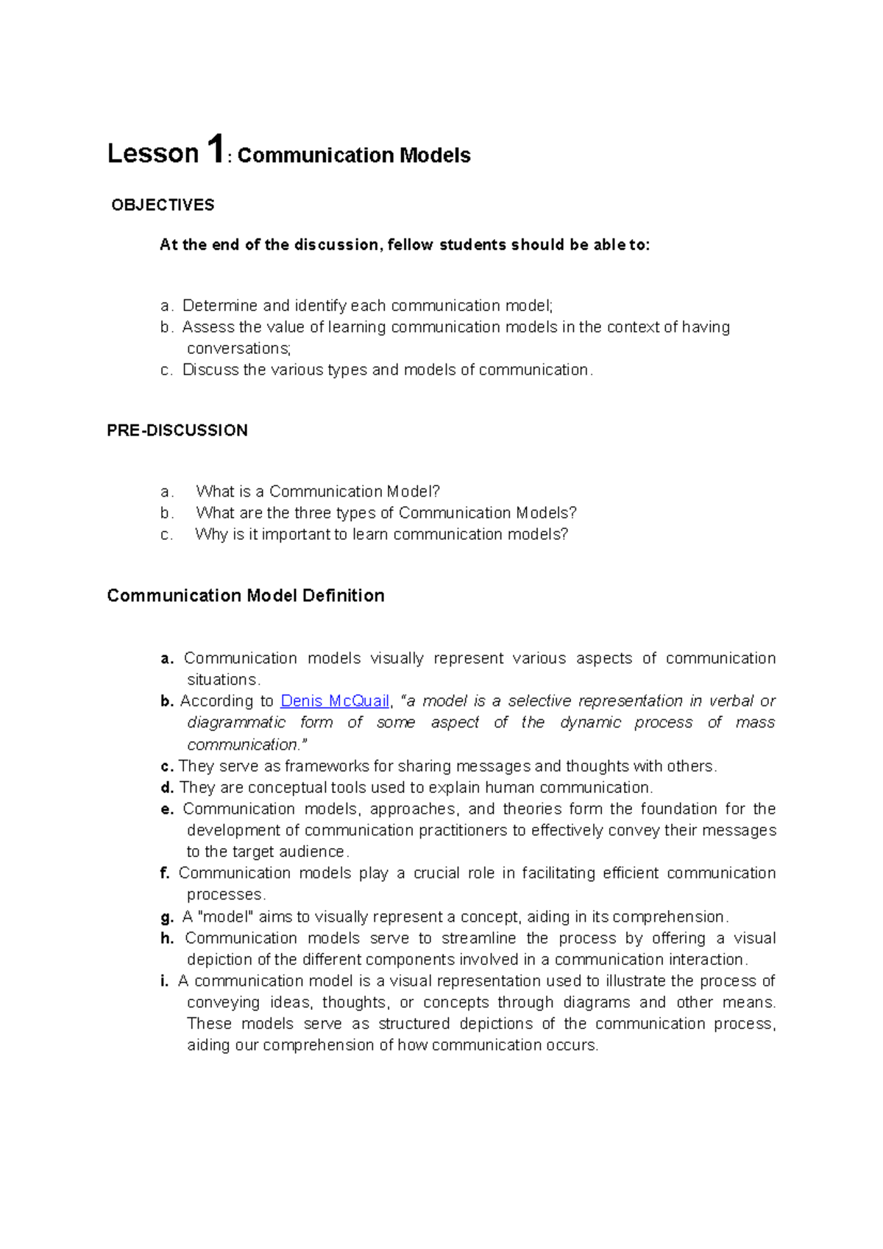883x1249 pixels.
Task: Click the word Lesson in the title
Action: (x=153, y=154)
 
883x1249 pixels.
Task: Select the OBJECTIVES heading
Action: (x=163, y=205)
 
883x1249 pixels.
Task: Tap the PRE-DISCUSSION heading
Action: (x=177, y=430)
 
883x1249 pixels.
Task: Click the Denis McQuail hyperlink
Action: (x=335, y=701)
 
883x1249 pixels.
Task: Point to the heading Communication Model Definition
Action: (x=246, y=595)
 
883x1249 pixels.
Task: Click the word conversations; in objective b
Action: (x=239, y=348)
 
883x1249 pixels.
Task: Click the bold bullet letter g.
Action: (x=166, y=917)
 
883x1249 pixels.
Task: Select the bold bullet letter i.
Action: (x=163, y=981)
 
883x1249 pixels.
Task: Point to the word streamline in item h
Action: (x=475, y=938)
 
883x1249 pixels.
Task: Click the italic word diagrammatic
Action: (x=236, y=722)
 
